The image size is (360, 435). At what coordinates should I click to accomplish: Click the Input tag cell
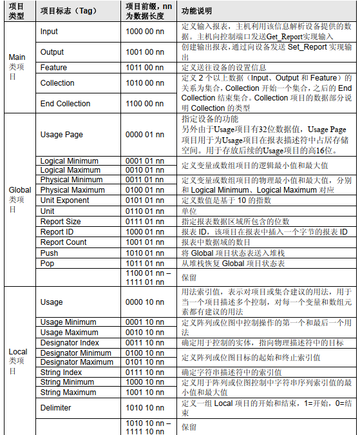[x=50, y=31]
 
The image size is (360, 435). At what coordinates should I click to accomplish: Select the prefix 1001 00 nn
[x=145, y=52]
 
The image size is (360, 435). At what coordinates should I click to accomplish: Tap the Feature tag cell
[x=53, y=68]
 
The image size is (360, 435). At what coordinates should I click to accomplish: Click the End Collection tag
[x=66, y=103]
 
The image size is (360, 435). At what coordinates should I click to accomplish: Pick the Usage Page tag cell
[x=62, y=135]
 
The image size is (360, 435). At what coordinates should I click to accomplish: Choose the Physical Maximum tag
[x=71, y=189]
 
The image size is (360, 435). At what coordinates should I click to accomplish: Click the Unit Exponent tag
[x=65, y=200]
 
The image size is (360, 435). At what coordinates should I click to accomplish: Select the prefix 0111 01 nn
[x=145, y=222]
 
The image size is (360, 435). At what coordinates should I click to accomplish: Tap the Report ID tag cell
[x=57, y=232]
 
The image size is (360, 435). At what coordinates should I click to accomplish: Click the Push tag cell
[x=50, y=253]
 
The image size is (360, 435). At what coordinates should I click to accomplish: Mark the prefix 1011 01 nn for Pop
[x=145, y=264]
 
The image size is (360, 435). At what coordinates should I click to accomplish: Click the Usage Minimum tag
[x=69, y=322]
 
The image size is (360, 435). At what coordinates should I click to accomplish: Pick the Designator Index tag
[x=70, y=343]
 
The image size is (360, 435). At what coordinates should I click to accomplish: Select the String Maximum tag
[x=68, y=392]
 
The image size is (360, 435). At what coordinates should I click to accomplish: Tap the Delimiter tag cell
[x=56, y=408]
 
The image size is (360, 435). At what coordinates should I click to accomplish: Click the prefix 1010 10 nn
[x=145, y=408]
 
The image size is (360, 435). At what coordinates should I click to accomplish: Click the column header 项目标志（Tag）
[x=68, y=12]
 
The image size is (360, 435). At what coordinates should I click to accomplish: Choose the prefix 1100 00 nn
[x=145, y=103]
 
